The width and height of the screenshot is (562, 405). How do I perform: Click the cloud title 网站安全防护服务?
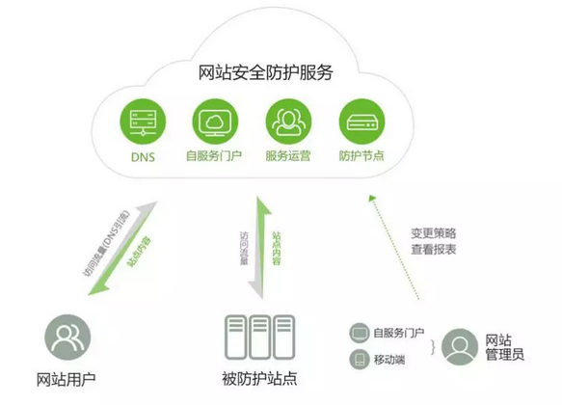click(x=266, y=72)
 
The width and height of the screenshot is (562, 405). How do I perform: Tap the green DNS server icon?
click(x=143, y=121)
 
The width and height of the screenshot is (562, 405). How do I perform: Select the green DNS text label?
click(x=143, y=157)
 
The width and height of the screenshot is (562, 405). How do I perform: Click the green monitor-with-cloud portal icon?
click(x=215, y=121)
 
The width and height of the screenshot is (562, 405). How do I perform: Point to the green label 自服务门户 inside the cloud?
click(x=214, y=156)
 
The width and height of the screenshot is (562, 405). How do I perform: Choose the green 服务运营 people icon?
click(x=288, y=121)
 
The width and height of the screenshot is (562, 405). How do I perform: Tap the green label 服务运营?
click(x=288, y=156)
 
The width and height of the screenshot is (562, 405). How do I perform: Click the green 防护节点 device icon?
click(x=361, y=121)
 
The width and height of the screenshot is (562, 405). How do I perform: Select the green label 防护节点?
click(x=361, y=156)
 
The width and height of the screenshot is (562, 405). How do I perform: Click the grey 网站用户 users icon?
click(x=67, y=337)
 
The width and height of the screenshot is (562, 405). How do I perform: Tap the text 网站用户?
click(x=66, y=380)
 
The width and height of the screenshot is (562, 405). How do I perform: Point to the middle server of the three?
click(x=259, y=337)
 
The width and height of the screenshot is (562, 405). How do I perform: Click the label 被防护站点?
click(x=259, y=379)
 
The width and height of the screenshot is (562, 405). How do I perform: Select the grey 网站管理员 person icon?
click(x=460, y=346)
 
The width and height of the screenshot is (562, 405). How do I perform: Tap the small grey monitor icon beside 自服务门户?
click(x=360, y=333)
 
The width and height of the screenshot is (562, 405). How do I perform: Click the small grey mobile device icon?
click(x=360, y=359)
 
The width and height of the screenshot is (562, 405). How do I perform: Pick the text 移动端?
click(x=389, y=360)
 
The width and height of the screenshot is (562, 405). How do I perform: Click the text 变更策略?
click(x=434, y=233)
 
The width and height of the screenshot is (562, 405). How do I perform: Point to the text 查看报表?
click(x=434, y=249)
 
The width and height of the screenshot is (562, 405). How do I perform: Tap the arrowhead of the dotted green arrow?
click(x=371, y=198)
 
